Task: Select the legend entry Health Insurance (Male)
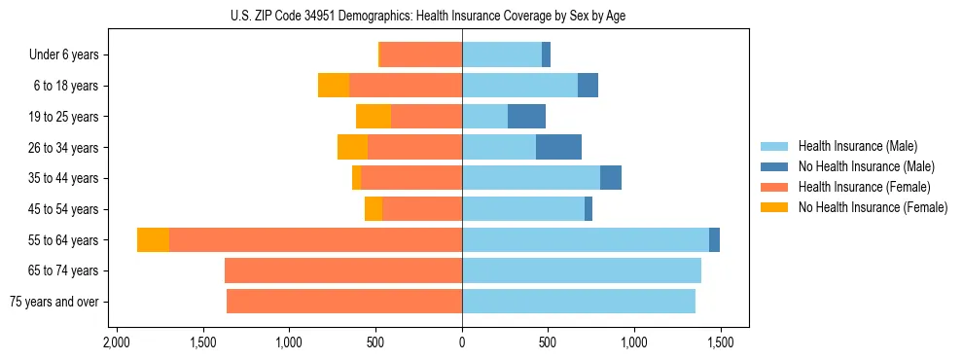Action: pos(857,146)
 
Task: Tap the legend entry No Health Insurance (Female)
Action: pos(873,207)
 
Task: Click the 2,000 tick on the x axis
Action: pos(117,342)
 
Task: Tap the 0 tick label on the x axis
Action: pos(462,342)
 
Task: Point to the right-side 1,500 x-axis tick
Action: pos(721,342)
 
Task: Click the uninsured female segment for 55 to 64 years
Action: pos(153,239)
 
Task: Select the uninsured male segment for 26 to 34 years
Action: pos(558,147)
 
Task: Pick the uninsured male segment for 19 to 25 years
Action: pos(526,117)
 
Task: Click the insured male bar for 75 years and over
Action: pos(579,302)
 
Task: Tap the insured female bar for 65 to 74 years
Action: pos(343,270)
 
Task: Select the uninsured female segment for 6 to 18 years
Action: pos(334,86)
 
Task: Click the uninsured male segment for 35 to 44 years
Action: pos(611,178)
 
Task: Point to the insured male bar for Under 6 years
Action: pos(502,54)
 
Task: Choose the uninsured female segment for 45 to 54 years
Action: pos(374,209)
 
